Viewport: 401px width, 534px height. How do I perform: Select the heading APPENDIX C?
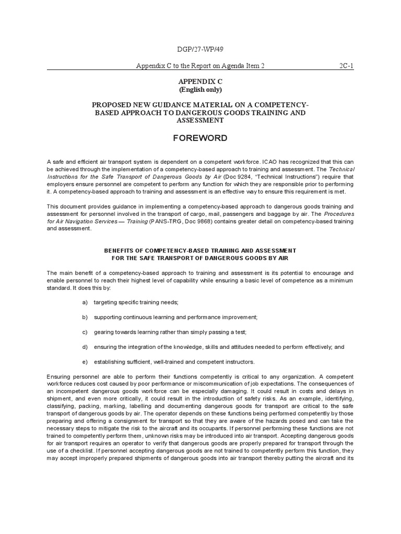[x=200, y=82]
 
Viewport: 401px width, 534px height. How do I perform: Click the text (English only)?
[x=200, y=90]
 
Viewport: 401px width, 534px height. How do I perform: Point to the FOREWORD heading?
[x=200, y=138]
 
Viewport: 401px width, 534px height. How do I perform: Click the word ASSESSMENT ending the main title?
[x=200, y=120]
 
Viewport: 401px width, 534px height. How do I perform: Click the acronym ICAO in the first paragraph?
[x=273, y=162]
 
